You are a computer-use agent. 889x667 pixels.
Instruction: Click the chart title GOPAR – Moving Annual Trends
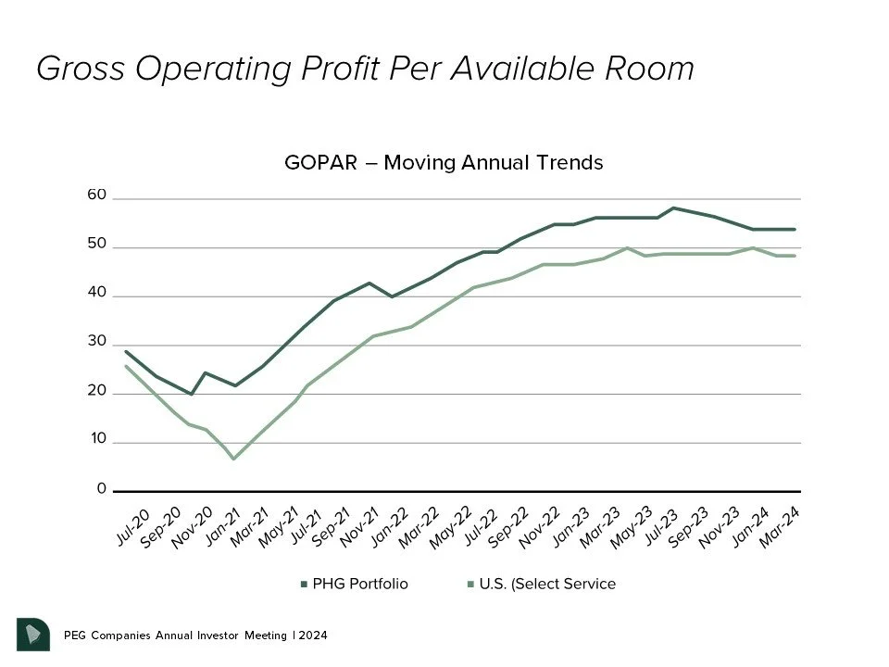pos(444,163)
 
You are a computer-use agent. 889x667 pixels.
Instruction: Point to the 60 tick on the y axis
pos(97,196)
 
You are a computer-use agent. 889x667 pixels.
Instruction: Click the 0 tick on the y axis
pos(102,489)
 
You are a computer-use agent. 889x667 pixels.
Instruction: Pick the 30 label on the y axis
pos(97,342)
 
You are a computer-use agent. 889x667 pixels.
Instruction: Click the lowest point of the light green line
pos(233,459)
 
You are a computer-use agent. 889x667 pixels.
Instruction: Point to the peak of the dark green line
pos(673,208)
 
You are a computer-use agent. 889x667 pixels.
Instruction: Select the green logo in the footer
pos(32,634)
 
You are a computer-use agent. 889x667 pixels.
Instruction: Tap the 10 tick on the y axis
pos(97,439)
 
